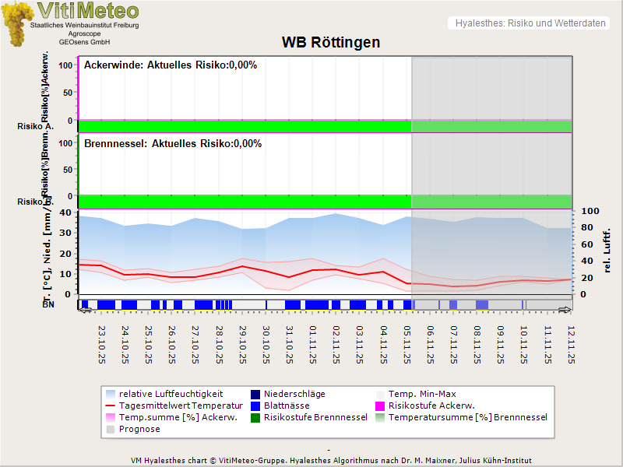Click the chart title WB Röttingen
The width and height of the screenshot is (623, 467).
pos(331,42)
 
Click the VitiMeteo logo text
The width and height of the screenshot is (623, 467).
pos(88,11)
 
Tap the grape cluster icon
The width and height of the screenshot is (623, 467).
pos(16,24)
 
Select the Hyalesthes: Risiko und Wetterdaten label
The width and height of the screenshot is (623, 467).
pos(530,23)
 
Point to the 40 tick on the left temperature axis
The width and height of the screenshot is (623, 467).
pos(65,212)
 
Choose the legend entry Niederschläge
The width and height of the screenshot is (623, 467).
pos(294,394)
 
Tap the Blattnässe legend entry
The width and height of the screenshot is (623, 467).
pos(287,406)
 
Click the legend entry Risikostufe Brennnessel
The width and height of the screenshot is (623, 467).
pos(315,417)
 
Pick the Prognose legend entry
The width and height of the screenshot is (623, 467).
pos(139,429)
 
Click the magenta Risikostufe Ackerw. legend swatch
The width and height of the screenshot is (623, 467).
pos(381,406)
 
